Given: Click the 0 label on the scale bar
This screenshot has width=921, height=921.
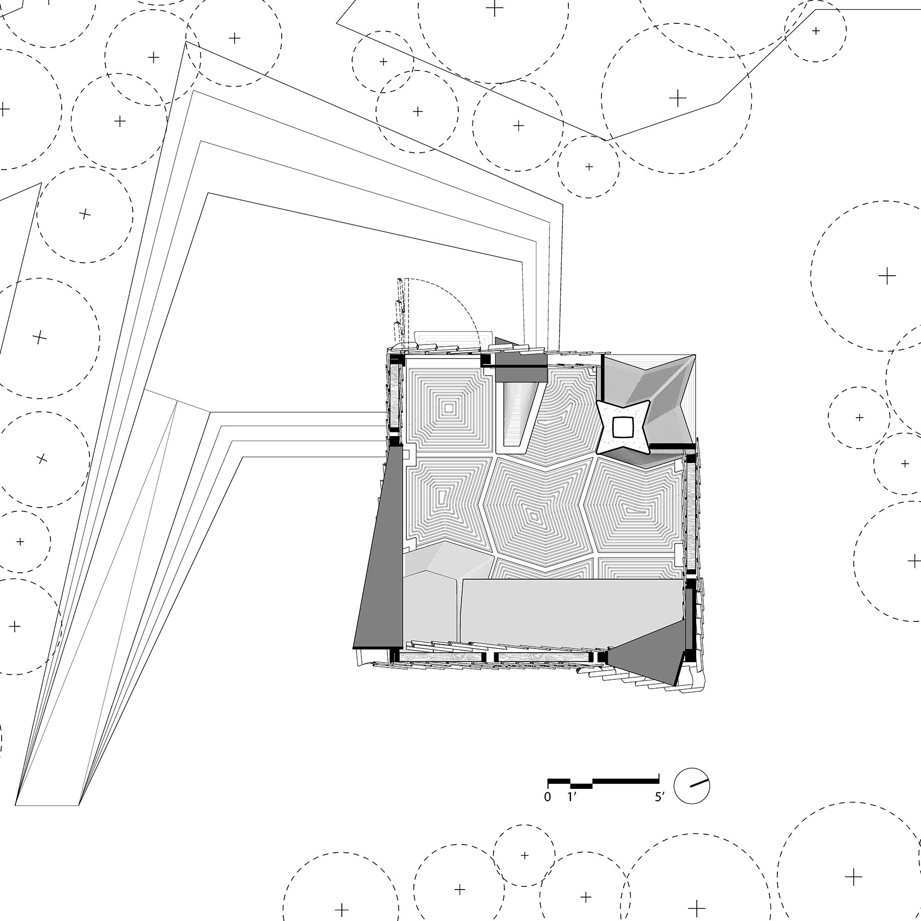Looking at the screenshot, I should coord(548,797).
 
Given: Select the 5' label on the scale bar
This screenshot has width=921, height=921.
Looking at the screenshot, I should coord(659,797).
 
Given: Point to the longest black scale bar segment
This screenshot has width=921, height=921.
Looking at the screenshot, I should coord(626,781).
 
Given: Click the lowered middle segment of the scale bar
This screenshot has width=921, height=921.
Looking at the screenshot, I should coord(581,785).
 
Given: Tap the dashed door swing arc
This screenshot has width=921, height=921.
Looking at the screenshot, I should coord(460,303).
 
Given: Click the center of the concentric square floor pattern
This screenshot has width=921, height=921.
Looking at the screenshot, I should coord(449,407).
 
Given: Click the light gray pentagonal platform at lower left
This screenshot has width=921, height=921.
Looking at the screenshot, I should coord(431,607).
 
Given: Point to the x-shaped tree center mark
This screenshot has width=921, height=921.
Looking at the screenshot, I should coord(41,459).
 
